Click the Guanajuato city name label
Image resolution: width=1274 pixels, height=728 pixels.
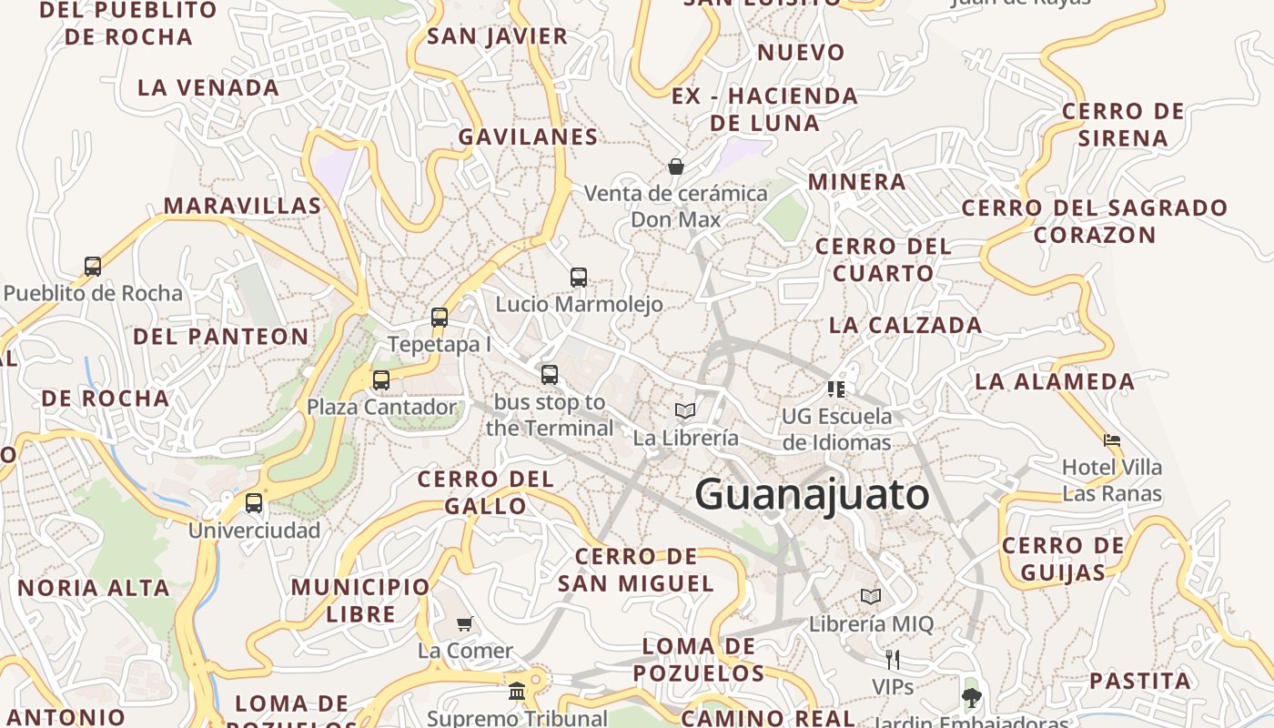tap(812, 495)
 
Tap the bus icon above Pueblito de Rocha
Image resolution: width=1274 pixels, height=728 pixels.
tap(93, 267)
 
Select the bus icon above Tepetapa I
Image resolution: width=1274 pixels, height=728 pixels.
tap(440, 318)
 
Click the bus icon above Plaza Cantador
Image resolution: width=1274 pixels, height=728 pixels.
tap(381, 379)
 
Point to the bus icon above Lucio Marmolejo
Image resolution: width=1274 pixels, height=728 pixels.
tap(579, 278)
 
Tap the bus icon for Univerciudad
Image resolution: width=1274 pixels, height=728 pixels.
tap(254, 503)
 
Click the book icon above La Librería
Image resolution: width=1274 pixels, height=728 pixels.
tap(685, 411)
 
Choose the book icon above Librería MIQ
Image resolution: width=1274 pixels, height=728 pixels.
tap(871, 597)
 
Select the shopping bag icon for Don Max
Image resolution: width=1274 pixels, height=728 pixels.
tap(676, 167)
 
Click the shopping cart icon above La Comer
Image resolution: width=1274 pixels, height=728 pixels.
tap(465, 624)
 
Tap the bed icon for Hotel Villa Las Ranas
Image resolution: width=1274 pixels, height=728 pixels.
tap(1111, 440)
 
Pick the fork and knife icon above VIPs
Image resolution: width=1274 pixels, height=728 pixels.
tap(893, 659)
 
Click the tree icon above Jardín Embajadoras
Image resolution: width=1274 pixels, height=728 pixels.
tap(971, 698)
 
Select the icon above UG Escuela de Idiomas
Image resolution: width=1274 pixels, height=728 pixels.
tap(836, 389)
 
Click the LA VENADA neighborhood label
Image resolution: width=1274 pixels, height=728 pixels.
tap(208, 88)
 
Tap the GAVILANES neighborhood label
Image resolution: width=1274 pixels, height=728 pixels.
tap(528, 137)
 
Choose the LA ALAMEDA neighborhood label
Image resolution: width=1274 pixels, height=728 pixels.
tap(1055, 381)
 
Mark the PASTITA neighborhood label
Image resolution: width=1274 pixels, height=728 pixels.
tap(1140, 681)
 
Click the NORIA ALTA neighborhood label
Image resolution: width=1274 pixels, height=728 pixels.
tap(94, 588)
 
